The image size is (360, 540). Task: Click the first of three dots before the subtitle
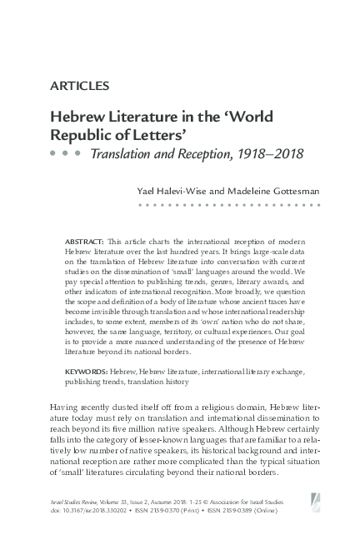[x=52, y=154]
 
